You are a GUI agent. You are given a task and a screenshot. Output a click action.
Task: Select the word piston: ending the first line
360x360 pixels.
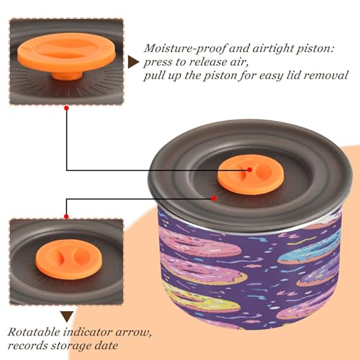tap(315, 49)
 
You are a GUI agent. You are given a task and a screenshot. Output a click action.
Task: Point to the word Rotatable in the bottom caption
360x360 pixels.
tap(34, 332)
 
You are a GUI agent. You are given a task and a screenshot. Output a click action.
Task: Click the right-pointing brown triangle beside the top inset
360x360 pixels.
tap(132, 62)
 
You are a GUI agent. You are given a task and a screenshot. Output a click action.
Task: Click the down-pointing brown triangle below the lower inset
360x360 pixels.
tap(67, 316)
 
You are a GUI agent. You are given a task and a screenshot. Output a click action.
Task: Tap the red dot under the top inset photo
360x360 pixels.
tap(67, 109)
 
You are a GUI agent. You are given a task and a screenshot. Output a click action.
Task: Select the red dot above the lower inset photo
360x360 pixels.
tap(66, 217)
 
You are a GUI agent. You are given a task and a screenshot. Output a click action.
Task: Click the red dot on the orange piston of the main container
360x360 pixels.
tap(250, 170)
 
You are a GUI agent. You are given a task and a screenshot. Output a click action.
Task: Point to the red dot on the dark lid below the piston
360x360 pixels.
tap(214, 199)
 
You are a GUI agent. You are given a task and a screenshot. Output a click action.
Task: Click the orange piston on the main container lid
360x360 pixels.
tap(250, 174)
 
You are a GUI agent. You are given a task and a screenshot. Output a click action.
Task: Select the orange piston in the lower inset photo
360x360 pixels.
tap(69, 259)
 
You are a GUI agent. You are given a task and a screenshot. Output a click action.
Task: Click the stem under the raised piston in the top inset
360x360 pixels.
tap(67, 75)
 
